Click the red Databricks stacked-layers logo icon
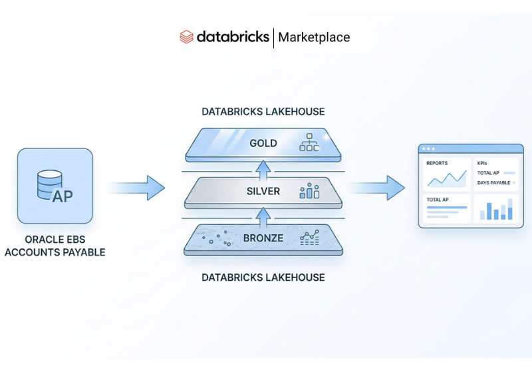[x=187, y=37]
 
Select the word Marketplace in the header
[x=314, y=37]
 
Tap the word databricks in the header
[x=233, y=37]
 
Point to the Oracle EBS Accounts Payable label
[x=55, y=246]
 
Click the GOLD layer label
[x=263, y=144]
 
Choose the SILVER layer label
[x=263, y=192]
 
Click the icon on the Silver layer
[x=309, y=192]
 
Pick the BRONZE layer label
[x=263, y=238]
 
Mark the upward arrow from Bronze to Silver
[x=263, y=216]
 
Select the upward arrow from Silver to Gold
[x=263, y=168]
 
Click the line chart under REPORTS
[x=446, y=178]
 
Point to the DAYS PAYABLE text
[x=493, y=182]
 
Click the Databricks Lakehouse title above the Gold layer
[x=263, y=112]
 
